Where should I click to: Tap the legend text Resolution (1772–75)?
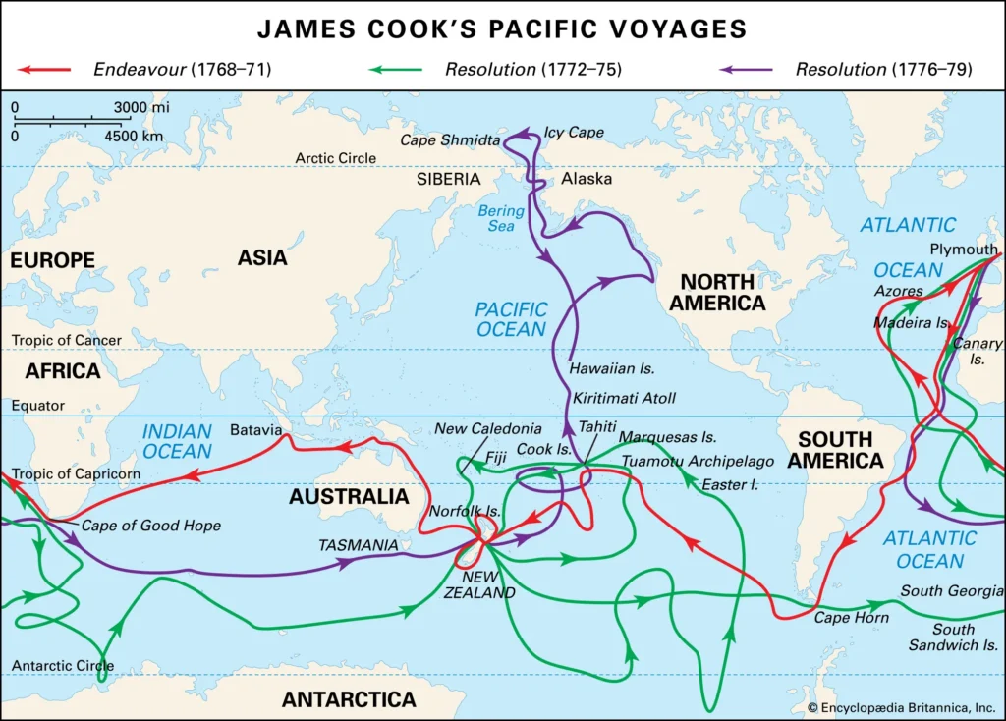tap(531, 70)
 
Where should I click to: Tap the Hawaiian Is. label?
tap(612, 368)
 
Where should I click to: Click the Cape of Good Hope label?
tap(150, 526)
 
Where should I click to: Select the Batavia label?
tap(255, 430)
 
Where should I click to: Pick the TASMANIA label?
tap(359, 545)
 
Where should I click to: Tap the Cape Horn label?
tap(851, 617)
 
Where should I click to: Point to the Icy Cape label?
tap(574, 132)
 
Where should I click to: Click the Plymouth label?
tap(964, 250)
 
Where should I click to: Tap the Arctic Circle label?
tap(336, 158)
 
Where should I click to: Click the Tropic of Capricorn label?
tap(76, 474)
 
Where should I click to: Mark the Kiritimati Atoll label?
tap(625, 398)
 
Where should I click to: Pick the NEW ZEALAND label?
tap(478, 585)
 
